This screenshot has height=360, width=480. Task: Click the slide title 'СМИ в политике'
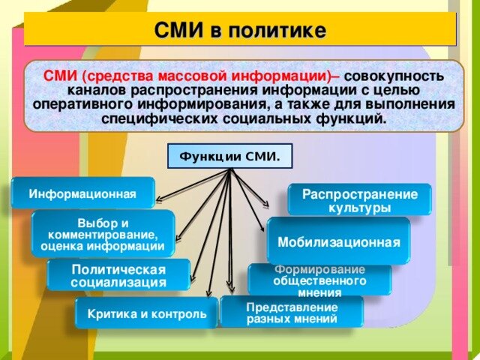pyautogui.click(x=240, y=31)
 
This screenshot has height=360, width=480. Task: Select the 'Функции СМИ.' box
pyautogui.click(x=229, y=157)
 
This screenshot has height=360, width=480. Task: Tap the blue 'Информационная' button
pyautogui.click(x=82, y=194)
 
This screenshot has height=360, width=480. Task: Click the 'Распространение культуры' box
pyautogui.click(x=359, y=200)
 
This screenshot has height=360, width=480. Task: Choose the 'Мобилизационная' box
pyautogui.click(x=338, y=241)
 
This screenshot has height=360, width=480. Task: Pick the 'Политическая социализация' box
pyautogui.click(x=118, y=275)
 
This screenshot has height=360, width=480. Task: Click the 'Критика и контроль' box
pyautogui.click(x=146, y=313)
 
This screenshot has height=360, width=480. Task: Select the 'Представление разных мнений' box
pyautogui.click(x=292, y=312)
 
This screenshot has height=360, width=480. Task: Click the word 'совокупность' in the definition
pyautogui.click(x=394, y=77)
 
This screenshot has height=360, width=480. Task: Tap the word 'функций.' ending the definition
pyautogui.click(x=353, y=119)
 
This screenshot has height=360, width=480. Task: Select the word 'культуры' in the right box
pyautogui.click(x=359, y=207)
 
